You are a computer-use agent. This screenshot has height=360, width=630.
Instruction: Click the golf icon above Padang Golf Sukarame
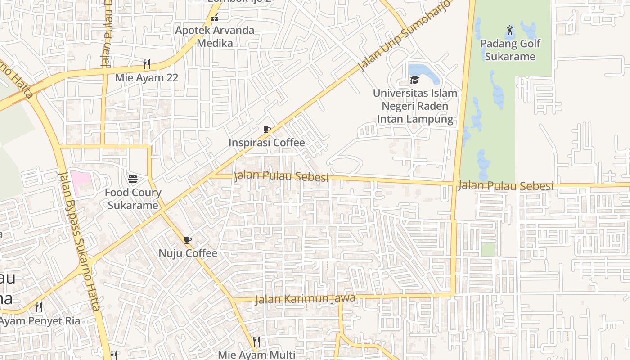point(509,30)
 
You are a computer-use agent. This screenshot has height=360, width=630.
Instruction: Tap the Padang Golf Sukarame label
point(510,50)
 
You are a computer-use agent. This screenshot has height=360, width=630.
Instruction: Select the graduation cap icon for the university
point(414,80)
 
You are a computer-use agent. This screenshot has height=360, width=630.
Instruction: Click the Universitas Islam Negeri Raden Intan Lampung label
point(415,106)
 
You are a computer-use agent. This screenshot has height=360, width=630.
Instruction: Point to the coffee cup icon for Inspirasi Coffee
point(267,130)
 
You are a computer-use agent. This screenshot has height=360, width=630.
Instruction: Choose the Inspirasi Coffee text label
point(266,143)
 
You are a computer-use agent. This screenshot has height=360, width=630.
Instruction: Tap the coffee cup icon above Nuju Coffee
point(188,240)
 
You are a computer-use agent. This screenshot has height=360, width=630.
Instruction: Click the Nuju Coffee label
point(188,253)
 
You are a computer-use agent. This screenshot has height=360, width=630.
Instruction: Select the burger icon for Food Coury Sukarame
point(133,179)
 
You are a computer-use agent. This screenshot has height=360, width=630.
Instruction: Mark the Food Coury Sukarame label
point(133,199)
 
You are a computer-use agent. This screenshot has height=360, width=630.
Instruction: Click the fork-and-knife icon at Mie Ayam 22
point(146,63)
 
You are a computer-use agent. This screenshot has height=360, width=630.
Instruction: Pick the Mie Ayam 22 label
point(146,77)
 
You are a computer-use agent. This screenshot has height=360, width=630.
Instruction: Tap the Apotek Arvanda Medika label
point(215,36)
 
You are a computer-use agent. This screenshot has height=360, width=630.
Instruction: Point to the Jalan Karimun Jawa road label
point(305,298)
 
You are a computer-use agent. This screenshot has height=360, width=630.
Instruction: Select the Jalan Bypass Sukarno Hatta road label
point(79,241)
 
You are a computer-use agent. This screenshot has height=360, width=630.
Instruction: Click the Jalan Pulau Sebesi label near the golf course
point(505,185)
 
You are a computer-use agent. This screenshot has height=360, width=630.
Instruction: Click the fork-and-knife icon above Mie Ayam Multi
point(256,341)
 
